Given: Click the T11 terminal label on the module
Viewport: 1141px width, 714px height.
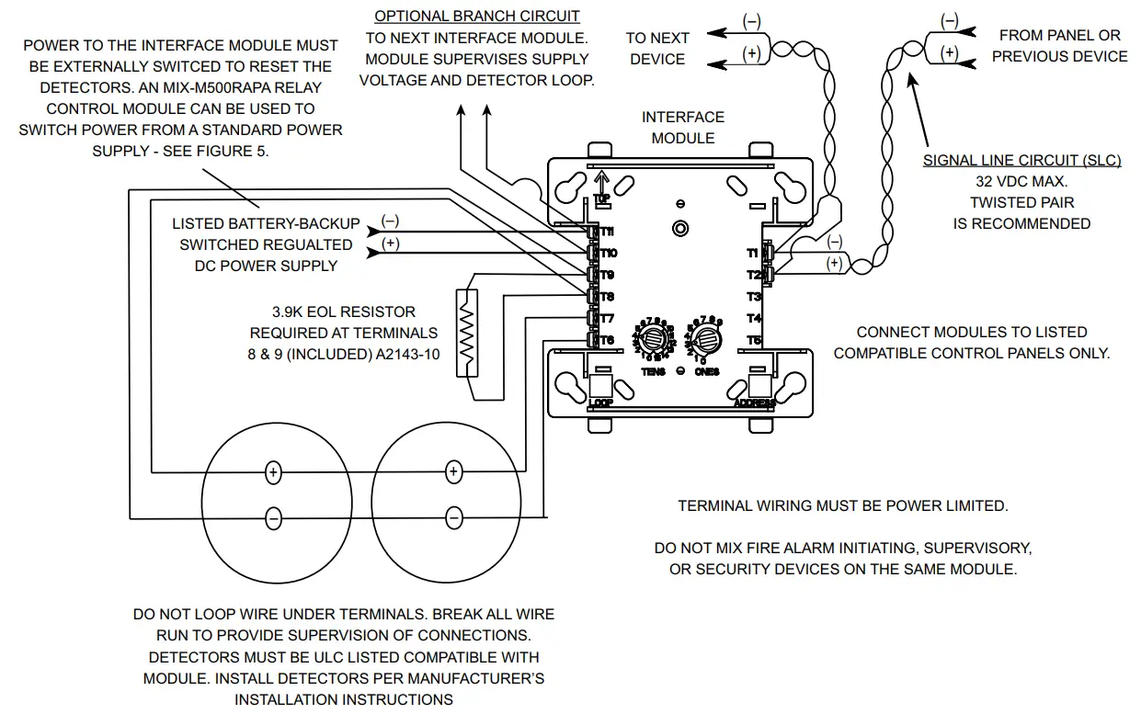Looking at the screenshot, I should pyautogui.click(x=608, y=232).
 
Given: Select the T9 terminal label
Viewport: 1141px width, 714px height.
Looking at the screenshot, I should pyautogui.click(x=608, y=275).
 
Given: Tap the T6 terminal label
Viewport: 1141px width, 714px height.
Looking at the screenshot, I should pyautogui.click(x=608, y=340).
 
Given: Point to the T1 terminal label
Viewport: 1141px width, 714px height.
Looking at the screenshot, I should pyautogui.click(x=753, y=253).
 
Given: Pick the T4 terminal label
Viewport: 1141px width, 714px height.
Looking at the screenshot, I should pyautogui.click(x=754, y=319).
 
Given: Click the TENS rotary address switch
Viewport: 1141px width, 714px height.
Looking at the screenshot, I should pyautogui.click(x=655, y=337).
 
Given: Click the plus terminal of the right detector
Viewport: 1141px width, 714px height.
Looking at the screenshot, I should pyautogui.click(x=452, y=471).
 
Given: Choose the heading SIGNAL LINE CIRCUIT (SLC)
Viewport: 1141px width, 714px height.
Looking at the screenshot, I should pyautogui.click(x=1021, y=161).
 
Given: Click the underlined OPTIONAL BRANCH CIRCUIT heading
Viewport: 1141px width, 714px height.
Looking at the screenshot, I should pyautogui.click(x=476, y=17).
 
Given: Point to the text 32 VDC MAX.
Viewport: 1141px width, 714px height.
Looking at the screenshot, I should pyautogui.click(x=1021, y=182).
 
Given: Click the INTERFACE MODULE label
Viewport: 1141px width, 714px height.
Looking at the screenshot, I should pyautogui.click(x=682, y=128).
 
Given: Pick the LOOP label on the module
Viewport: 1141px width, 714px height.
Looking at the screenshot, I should pyautogui.click(x=599, y=402).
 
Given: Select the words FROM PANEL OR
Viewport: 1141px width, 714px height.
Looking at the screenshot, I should pyautogui.click(x=1059, y=35).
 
